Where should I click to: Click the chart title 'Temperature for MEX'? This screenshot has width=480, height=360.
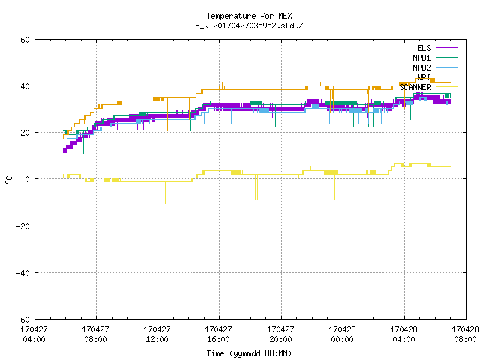coord(249,16)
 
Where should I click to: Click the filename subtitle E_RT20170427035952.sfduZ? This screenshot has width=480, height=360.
coord(249,25)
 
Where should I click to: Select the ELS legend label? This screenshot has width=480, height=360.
coord(424,48)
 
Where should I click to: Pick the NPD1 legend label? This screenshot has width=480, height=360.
coord(421,58)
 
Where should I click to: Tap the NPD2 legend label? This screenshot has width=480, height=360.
coord(421,67)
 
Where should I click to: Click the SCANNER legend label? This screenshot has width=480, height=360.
coord(415,87)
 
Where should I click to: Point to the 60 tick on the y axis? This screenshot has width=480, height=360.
coord(25,40)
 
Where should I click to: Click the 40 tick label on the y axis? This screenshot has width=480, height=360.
coord(25,86)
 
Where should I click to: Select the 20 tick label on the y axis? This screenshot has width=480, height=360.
coord(25,133)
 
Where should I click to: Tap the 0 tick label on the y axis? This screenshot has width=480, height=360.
coord(27,179)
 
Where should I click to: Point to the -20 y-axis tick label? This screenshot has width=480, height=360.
coord(23,226)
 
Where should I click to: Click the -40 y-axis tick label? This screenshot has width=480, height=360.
coord(23,273)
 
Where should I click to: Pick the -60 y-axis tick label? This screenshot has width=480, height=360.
coord(23,319)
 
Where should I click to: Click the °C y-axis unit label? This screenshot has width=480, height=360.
coord(9,180)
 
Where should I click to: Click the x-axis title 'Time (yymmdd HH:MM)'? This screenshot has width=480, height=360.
coord(249,353)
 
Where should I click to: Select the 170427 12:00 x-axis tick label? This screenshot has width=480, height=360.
coord(157,334)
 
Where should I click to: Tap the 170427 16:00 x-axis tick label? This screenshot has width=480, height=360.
coord(218,334)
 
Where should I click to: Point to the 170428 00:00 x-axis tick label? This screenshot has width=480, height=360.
coord(342,334)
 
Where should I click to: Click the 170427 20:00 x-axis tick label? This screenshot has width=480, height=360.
coord(280,334)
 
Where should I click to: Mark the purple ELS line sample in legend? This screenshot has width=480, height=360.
coord(446,48)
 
